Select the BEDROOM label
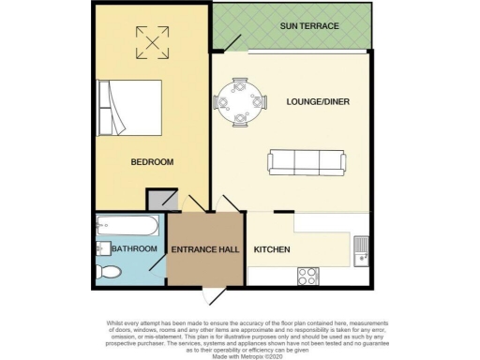tap(151, 162)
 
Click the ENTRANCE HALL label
tap(204, 249)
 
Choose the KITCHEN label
tap(272, 249)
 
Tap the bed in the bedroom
tap(129, 105)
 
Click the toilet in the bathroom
tap(109, 272)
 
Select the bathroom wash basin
tap(100, 247)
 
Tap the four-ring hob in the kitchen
tap(307, 276)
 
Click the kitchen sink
tap(362, 249)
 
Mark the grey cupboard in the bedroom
tap(159, 200)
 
